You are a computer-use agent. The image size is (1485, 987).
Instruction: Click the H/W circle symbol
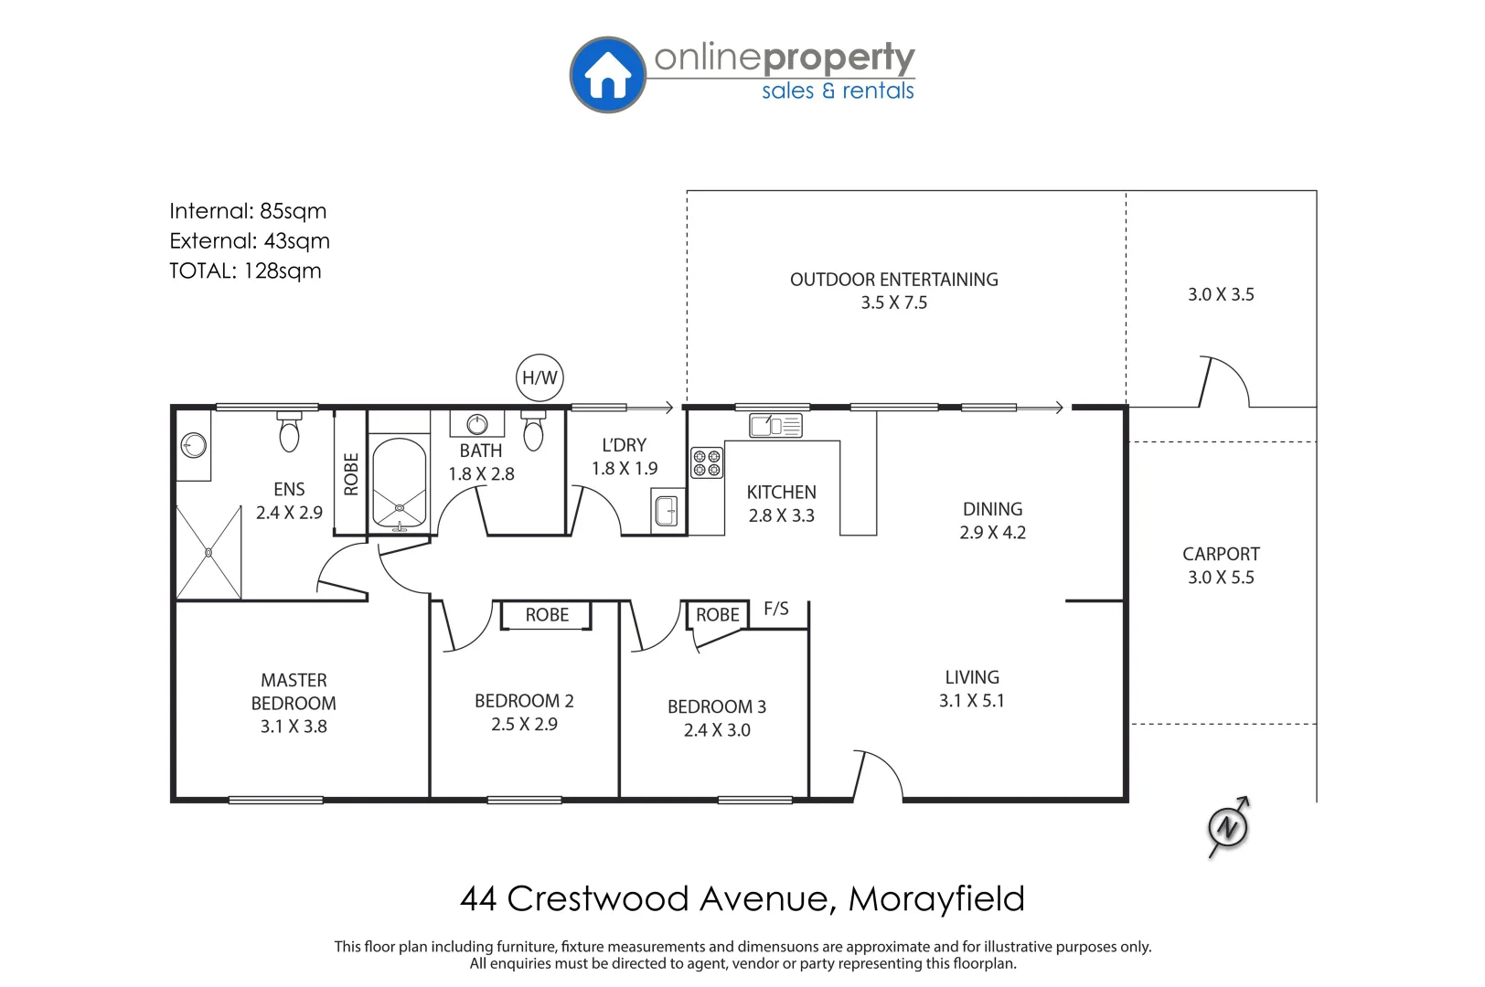pos(540,377)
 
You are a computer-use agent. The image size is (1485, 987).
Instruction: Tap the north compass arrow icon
pos(1227,828)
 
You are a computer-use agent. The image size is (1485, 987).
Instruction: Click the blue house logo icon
pos(608,75)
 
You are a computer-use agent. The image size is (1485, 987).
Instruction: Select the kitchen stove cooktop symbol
pos(706,462)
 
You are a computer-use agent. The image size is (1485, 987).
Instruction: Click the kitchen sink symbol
pos(775,426)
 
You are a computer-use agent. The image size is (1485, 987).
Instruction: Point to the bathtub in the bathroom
pos(400,484)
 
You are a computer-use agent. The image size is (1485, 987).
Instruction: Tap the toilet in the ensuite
pos(289,432)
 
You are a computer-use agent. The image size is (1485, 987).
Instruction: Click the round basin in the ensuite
pos(193,446)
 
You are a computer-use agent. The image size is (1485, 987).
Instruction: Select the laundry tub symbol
pos(668,511)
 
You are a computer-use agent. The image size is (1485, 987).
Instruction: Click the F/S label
pos(775,609)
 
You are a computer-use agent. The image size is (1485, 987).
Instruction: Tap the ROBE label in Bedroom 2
pos(547,615)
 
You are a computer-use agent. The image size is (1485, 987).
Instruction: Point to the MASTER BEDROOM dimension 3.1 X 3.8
pos(294,727)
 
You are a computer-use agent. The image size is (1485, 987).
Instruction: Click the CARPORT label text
pos(1221,554)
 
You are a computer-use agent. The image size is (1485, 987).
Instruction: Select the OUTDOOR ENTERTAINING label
pos(893,280)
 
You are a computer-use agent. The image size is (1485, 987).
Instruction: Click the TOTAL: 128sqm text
pos(245,271)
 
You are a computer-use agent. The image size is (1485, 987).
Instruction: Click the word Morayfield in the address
pos(936,899)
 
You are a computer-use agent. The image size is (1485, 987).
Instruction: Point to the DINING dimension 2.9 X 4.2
pos(992,533)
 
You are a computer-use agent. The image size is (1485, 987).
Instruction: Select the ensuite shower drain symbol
pos(208,552)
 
